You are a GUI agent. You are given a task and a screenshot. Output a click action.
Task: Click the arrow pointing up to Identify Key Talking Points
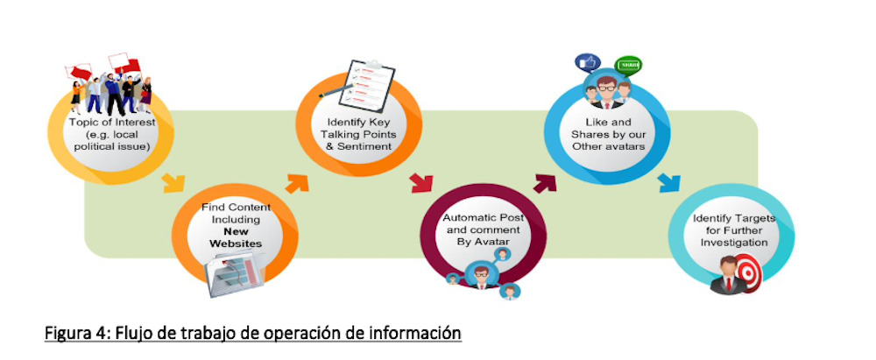click(299, 181)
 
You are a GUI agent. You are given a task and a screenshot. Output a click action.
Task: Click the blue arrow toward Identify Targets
click(668, 183)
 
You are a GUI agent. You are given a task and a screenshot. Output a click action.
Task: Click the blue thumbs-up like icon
click(585, 63)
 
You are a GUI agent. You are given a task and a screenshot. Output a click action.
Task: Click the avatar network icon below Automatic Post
click(480, 272)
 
